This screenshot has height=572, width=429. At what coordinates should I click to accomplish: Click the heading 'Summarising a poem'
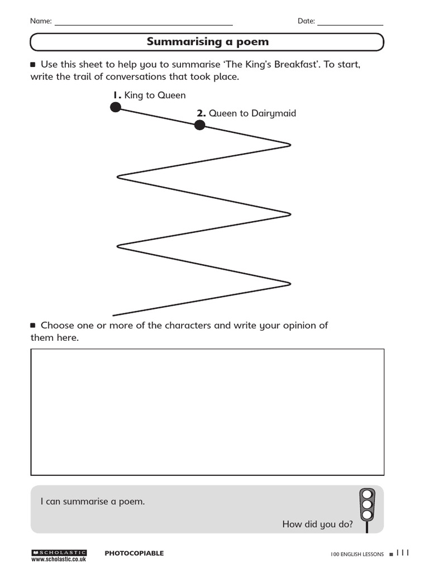[207, 42]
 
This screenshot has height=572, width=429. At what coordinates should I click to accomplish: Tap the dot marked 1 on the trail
[115, 107]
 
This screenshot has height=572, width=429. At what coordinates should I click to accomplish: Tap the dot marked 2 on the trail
[199, 125]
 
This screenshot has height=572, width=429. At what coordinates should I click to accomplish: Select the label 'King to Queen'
[155, 96]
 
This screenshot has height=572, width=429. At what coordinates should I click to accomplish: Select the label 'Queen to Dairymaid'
[252, 113]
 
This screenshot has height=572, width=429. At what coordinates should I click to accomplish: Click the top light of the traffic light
[366, 494]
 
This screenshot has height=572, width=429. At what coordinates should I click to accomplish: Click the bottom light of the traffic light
[366, 514]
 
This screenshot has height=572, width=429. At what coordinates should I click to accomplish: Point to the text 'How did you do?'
[317, 524]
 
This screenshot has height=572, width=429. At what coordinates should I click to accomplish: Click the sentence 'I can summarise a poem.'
[93, 502]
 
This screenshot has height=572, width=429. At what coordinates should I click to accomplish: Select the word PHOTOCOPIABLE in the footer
[134, 554]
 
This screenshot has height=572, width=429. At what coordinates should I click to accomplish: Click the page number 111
[403, 553]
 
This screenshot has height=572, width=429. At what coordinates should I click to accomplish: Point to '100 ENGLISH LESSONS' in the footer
[357, 554]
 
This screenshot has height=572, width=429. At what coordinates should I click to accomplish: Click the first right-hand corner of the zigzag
[290, 145]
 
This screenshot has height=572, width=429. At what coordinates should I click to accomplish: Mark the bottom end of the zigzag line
[113, 316]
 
